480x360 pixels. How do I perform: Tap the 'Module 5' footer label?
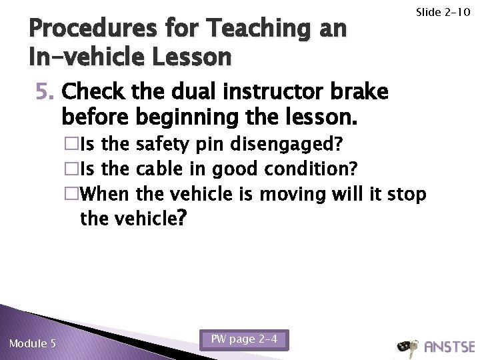[33, 343]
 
